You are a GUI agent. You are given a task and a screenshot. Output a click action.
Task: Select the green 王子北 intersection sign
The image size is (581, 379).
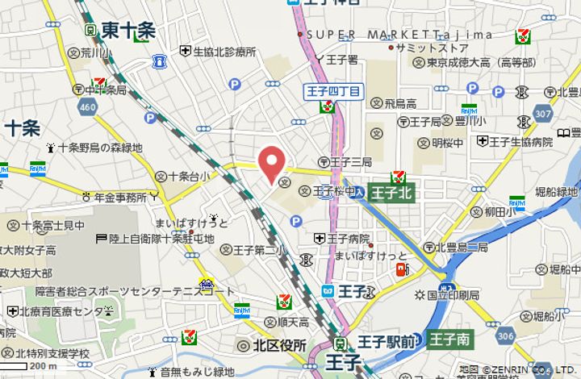tap(392, 193)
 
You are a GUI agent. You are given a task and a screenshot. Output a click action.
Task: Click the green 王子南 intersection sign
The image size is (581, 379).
tap(449, 339)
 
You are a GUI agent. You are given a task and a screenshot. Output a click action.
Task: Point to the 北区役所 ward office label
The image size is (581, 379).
tap(273, 346)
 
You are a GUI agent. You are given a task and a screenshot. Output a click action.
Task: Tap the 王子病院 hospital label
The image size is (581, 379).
tap(348, 239)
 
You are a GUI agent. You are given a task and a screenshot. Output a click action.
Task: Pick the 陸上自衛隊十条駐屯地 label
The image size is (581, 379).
tap(161, 239)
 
